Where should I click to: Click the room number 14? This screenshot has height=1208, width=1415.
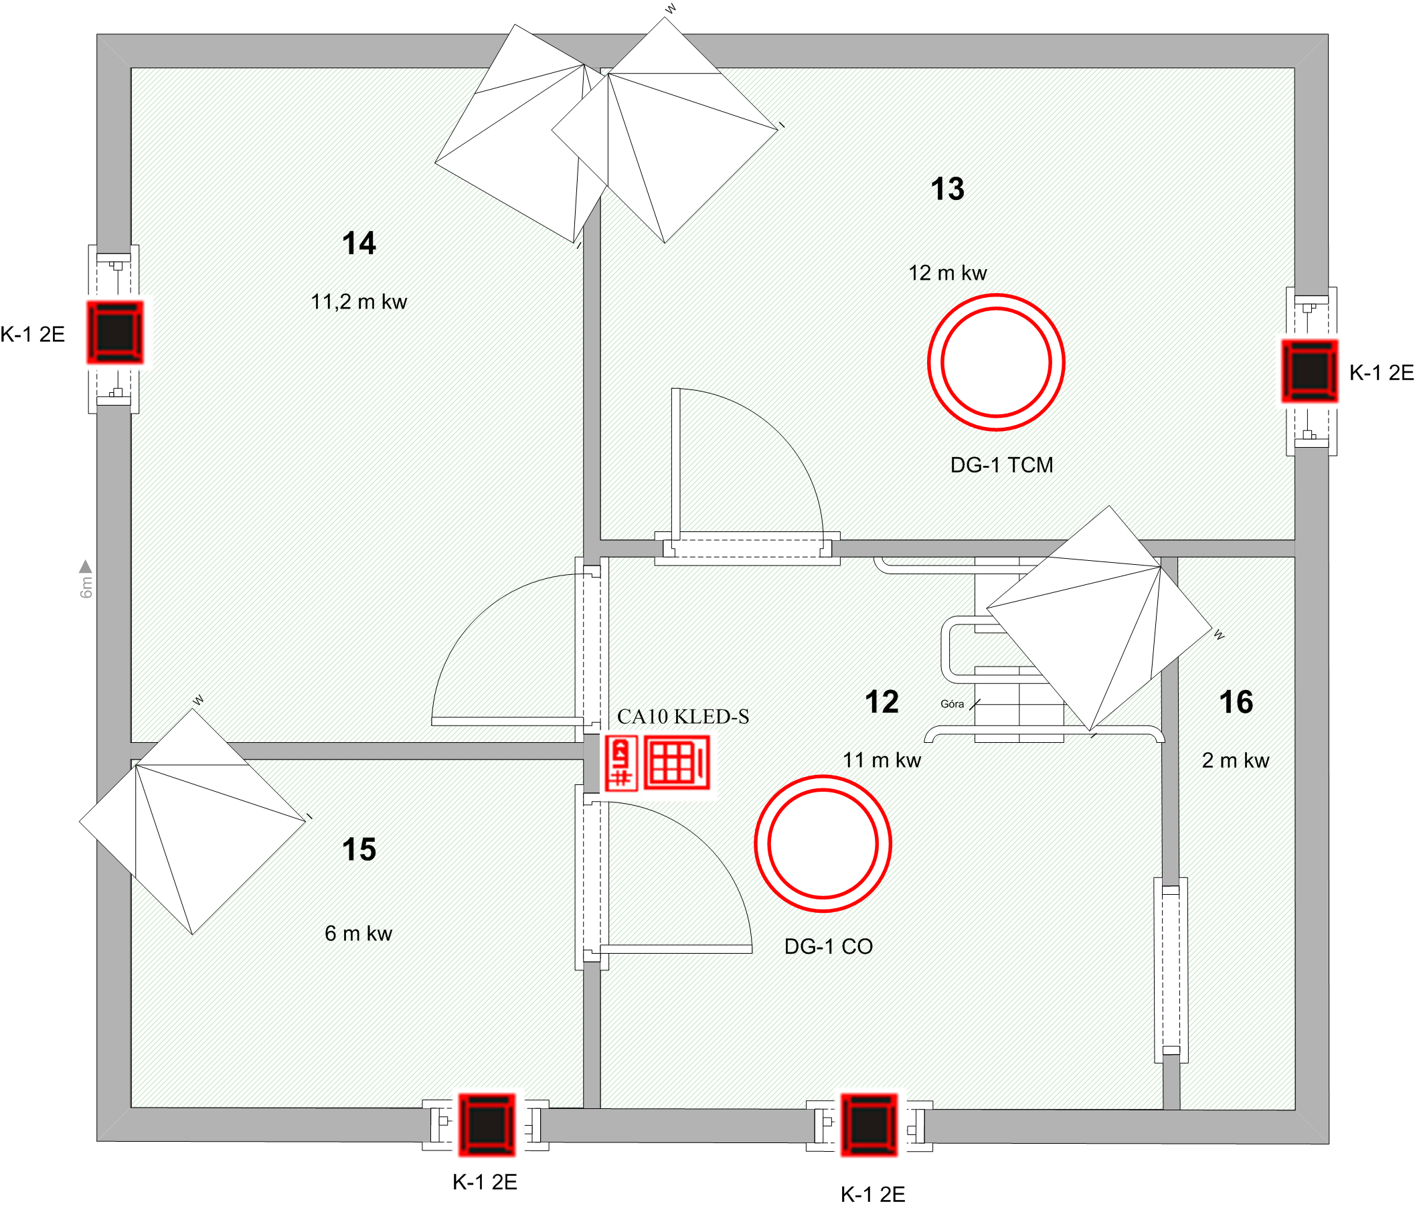pos(359,243)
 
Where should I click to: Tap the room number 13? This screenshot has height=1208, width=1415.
pos(948,189)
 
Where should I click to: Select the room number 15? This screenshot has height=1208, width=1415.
pos(359,850)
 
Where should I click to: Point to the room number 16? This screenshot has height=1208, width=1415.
pos(1236,702)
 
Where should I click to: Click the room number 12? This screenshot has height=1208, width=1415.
pos(882,702)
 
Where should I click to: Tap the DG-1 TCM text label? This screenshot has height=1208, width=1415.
pos(1002,465)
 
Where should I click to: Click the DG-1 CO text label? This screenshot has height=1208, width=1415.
pos(829,946)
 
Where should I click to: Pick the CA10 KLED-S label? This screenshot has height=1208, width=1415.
pos(683,716)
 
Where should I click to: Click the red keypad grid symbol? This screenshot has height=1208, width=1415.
pos(677,763)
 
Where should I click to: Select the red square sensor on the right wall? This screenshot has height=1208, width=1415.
pos(1309,371)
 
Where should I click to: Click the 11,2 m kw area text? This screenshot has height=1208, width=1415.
pos(359,302)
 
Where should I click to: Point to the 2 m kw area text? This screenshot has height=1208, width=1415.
pos(1236,761)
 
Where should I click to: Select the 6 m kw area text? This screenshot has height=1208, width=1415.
pos(359,934)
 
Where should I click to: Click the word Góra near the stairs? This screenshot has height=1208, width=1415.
pos(952,704)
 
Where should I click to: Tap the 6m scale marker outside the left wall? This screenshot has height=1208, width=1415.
pos(86,579)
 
